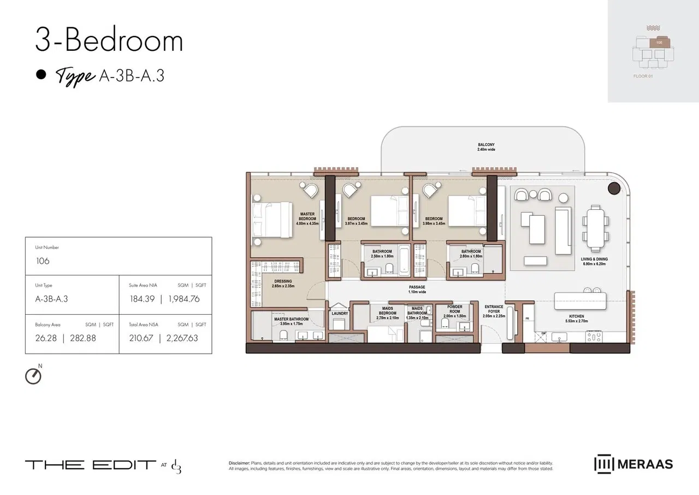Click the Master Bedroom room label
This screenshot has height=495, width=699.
click(307, 219)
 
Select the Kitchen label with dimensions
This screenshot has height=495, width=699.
click(576, 319)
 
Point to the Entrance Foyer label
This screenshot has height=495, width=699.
click(493, 311)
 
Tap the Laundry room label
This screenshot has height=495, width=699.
click(340, 314)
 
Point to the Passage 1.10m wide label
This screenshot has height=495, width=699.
click(417, 290)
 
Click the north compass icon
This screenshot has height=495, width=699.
click(33, 376)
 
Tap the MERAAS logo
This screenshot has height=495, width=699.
click(633, 464)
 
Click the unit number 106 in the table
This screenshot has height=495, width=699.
click(43, 261)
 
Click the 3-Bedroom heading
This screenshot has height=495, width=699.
click(109, 42)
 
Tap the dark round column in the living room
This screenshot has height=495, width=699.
click(614, 188)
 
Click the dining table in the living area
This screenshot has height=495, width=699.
click(593, 227)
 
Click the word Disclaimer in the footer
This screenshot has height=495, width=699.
click(239, 463)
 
